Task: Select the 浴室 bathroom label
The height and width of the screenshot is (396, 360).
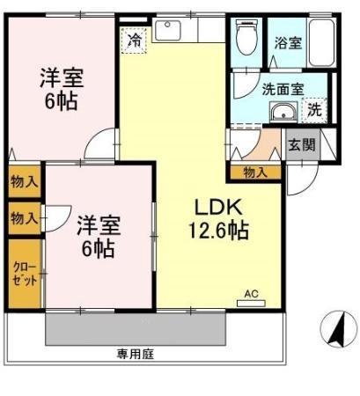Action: coord(287,41)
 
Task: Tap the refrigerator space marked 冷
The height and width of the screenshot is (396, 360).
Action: coord(135,40)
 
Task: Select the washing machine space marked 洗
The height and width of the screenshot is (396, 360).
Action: coord(313,110)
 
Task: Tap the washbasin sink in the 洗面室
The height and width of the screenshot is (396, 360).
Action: coord(283,112)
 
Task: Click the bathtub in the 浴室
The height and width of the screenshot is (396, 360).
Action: coord(320,41)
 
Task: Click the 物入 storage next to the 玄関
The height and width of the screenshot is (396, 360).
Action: coord(255,172)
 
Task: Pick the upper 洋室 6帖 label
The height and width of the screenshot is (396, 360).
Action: coord(60,88)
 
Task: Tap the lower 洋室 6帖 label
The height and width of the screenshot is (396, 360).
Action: coord(95,235)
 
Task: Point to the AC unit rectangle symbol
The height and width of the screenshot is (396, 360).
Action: coord(250,304)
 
